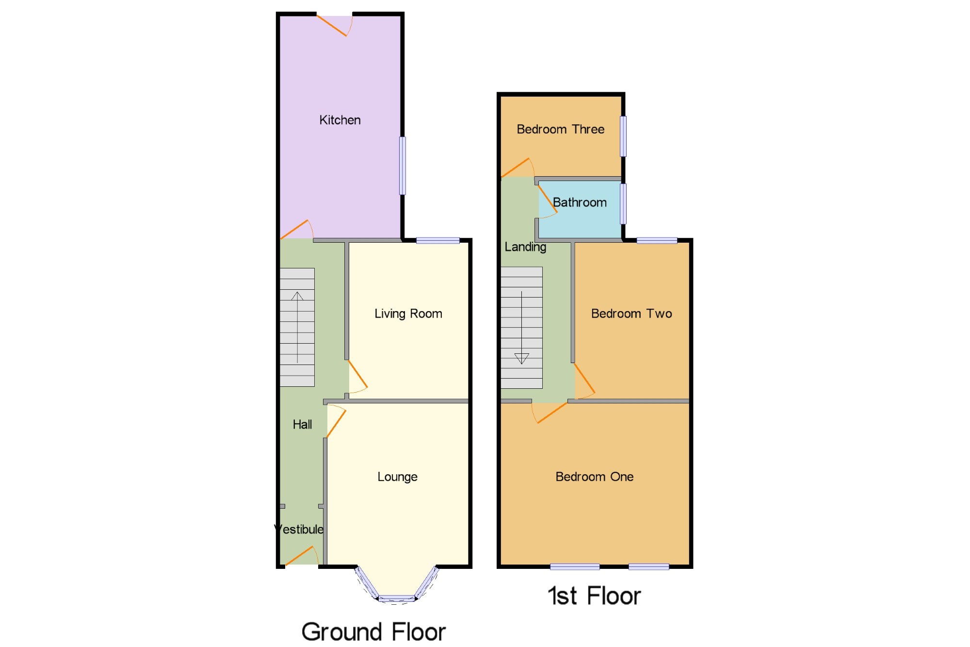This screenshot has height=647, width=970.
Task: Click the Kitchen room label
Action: coord(339,120)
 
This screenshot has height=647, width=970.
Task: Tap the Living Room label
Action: coord(408,314)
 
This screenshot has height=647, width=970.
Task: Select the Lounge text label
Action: coord(397,477)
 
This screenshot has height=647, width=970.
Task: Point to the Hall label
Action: coord(302,424)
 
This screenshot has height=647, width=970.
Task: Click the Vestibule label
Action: coord(299,529)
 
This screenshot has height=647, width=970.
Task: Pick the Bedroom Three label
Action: coord(560,129)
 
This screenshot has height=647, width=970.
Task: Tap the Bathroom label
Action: coord(580,202)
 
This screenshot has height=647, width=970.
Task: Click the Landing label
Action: coord(525,247)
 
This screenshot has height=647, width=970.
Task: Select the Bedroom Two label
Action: coord(631,314)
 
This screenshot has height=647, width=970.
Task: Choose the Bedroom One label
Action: coord(594,477)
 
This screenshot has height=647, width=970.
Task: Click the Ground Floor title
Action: coord(373,631)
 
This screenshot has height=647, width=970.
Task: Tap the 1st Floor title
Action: coord(594,596)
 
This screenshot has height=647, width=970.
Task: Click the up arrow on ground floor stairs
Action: coord(297,296)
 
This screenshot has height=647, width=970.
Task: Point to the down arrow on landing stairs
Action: coord(521,359)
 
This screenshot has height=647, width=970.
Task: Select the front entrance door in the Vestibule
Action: coord(301,556)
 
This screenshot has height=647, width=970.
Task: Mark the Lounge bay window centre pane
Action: coord(396,598)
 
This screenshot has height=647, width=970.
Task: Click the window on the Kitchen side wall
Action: coord(403,166)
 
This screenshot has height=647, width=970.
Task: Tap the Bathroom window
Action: coord(623,203)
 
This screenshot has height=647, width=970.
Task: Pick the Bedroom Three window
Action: coord(623,136)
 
